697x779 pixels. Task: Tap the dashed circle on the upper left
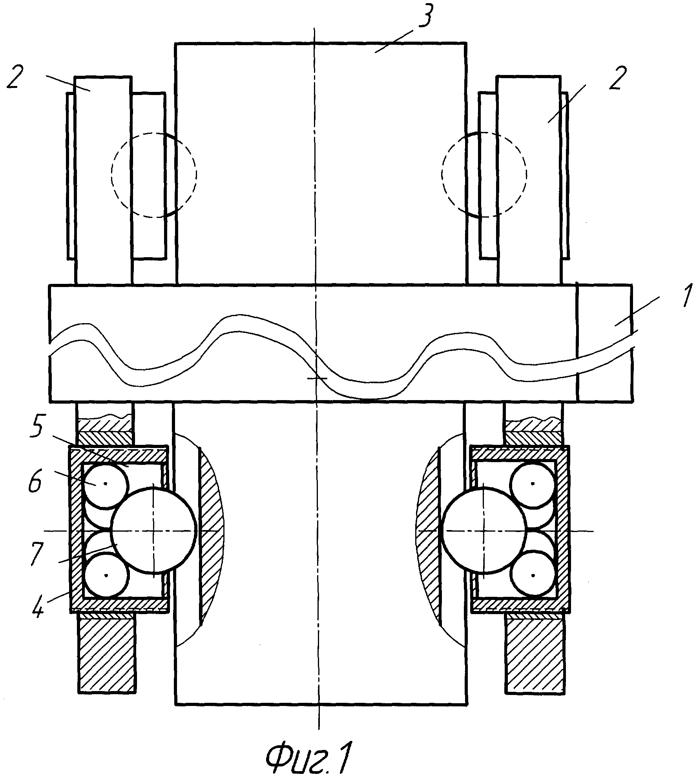(x=154, y=175)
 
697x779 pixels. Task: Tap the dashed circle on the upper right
(x=484, y=174)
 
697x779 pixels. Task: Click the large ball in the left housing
(x=153, y=530)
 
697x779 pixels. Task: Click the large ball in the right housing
(x=484, y=530)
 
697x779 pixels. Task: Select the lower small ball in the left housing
(x=106, y=576)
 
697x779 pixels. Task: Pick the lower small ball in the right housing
(x=533, y=576)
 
